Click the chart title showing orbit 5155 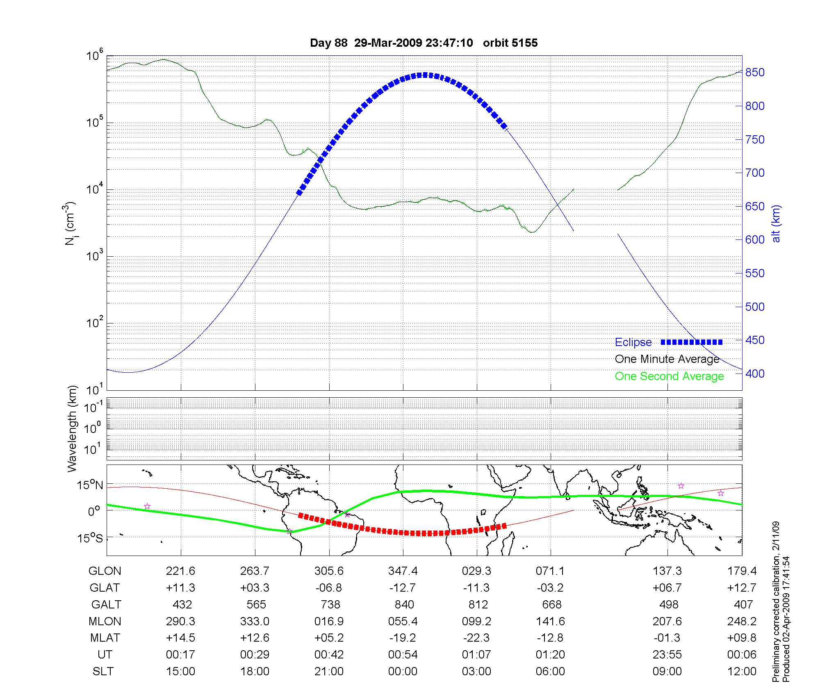(424, 43)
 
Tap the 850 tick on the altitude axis (755, 73)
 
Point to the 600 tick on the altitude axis (755, 240)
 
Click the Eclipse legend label (633, 342)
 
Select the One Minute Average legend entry (667, 359)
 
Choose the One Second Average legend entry (669, 376)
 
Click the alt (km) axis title (776, 223)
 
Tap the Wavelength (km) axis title (73, 428)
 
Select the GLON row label (105, 571)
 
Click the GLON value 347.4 (403, 571)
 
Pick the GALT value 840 (404, 605)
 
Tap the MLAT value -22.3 (476, 638)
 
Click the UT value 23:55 (667, 655)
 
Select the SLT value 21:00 (329, 672)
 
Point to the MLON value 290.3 (181, 622)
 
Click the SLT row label (103, 672)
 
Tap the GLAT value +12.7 (741, 588)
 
